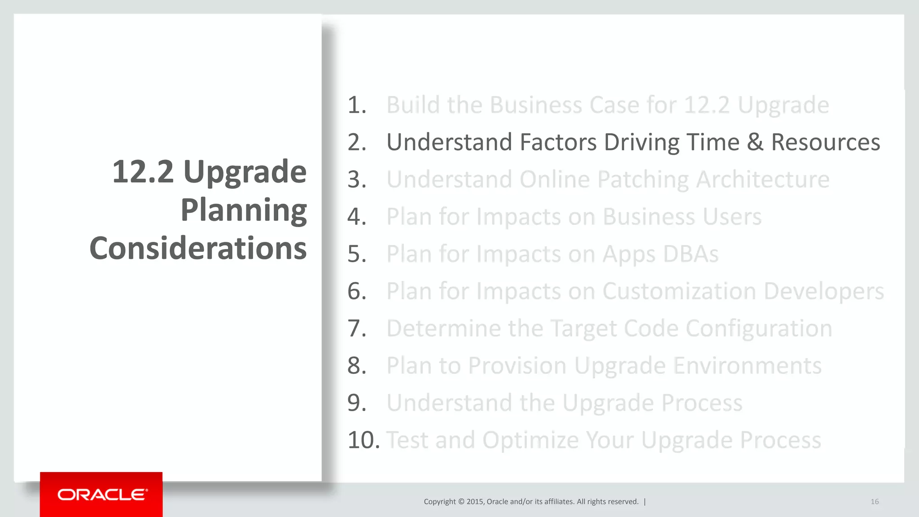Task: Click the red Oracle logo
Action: pyautogui.click(x=101, y=495)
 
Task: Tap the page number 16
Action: pyautogui.click(x=875, y=502)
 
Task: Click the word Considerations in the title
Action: pyautogui.click(x=198, y=248)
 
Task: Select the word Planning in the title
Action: pyautogui.click(x=244, y=210)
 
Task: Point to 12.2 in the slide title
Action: pyautogui.click(x=142, y=172)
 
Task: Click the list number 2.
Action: pyautogui.click(x=356, y=142)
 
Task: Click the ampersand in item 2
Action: pyautogui.click(x=755, y=142)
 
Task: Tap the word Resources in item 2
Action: pyautogui.click(x=825, y=142)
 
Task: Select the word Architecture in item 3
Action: pyautogui.click(x=762, y=180)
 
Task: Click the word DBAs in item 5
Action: pyautogui.click(x=691, y=254)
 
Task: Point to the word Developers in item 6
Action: pyautogui.click(x=823, y=291)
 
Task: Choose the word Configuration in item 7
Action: pyautogui.click(x=759, y=329)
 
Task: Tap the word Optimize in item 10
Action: pyautogui.click(x=530, y=440)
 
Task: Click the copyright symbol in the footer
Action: pyautogui.click(x=461, y=502)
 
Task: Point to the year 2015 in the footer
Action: pyautogui.click(x=474, y=502)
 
